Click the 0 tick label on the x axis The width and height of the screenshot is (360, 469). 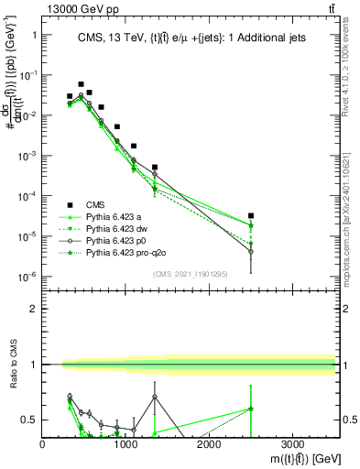43,444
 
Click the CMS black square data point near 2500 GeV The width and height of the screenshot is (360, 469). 251,216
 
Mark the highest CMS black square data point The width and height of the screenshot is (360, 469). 81,84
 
